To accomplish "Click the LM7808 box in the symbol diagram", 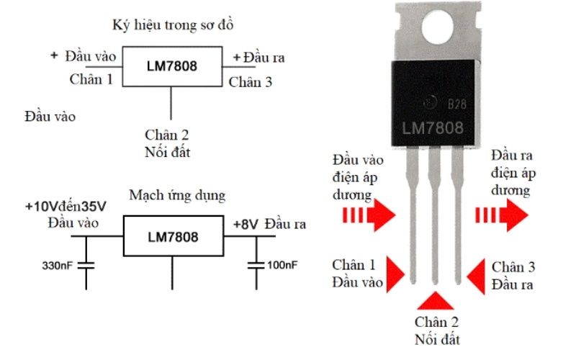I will [171, 67].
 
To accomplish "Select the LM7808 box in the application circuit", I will [172, 236].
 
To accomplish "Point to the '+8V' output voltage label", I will [245, 224].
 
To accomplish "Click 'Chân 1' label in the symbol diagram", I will [91, 79].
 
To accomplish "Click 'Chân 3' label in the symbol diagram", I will [250, 82].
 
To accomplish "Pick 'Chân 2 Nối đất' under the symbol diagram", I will [167, 143].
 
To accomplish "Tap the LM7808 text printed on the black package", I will [433, 128].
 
